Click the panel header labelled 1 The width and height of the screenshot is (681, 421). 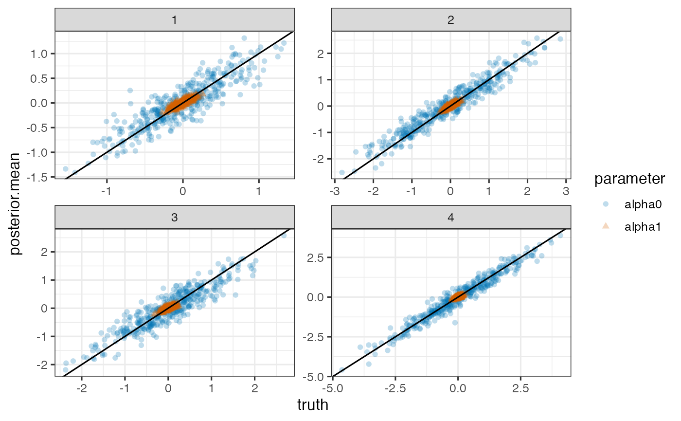tap(174, 19)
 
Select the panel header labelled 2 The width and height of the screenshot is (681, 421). tap(450, 19)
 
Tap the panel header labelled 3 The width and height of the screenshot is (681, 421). tap(174, 217)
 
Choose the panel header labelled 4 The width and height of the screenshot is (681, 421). tap(450, 217)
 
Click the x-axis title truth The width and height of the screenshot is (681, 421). tap(312, 405)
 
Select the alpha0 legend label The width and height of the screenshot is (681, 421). tap(642, 204)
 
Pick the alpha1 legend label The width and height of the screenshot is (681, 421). tap(642, 225)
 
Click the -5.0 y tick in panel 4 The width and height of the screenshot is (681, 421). tap(315, 376)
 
